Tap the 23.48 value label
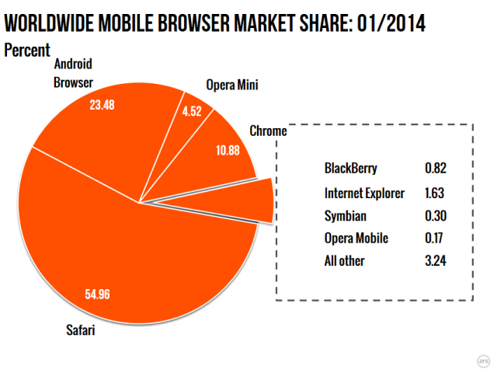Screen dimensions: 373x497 (x=102, y=105)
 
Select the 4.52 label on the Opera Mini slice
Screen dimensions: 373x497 (x=191, y=110)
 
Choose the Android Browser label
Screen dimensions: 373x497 (x=74, y=74)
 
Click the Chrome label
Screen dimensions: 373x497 (x=268, y=131)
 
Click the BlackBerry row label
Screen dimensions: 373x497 (x=351, y=169)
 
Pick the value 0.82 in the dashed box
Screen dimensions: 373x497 (x=436, y=169)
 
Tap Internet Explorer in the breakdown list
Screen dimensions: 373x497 (x=364, y=193)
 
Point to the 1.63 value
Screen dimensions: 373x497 (x=436, y=193)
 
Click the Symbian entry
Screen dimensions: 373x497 (x=345, y=215)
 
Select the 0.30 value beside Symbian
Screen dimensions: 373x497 (x=436, y=215)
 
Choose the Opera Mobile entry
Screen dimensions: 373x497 (x=356, y=238)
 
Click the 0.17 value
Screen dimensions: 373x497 (x=436, y=238)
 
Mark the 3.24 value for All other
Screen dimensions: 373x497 (x=436, y=261)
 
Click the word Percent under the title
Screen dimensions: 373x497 (x=27, y=51)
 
